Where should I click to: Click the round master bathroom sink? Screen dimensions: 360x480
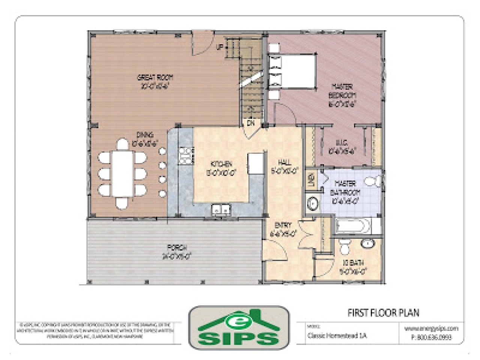[x=312, y=204]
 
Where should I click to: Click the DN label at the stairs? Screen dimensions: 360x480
[x=250, y=123]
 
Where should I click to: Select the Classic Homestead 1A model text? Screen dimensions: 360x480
[x=336, y=335]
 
